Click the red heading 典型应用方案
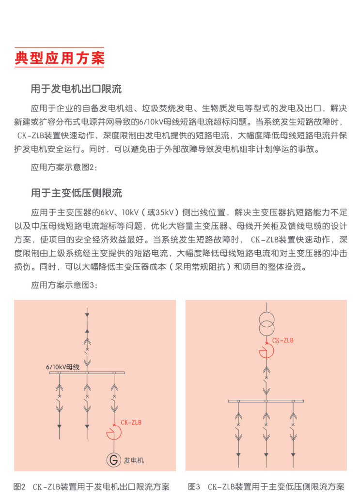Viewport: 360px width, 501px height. pyautogui.click(x=60, y=58)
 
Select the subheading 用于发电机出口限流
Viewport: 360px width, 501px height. pyautogui.click(x=76, y=89)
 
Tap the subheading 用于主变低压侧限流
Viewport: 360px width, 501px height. pyautogui.click(x=76, y=194)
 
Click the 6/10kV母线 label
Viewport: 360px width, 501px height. pyautogui.click(x=63, y=367)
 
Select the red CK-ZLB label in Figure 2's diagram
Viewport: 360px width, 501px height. pyautogui.click(x=131, y=423)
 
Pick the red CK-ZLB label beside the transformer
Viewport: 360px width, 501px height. pyautogui.click(x=282, y=340)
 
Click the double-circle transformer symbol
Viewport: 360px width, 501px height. pyautogui.click(x=266, y=323)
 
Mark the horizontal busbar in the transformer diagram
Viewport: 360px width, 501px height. pyautogui.click(x=266, y=401)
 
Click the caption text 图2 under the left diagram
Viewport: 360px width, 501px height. pyautogui.click(x=19, y=486)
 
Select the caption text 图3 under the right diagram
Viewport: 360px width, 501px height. pyautogui.click(x=194, y=486)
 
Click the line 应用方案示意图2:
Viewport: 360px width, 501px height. pyautogui.click(x=64, y=167)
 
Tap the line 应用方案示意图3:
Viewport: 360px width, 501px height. pyautogui.click(x=64, y=285)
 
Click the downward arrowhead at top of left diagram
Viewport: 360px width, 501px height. pyautogui.click(x=87, y=315)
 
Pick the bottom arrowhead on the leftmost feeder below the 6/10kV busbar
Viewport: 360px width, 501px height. pyautogui.click(x=60, y=426)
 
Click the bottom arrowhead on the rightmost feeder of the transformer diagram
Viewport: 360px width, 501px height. pyautogui.click(x=293, y=455)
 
